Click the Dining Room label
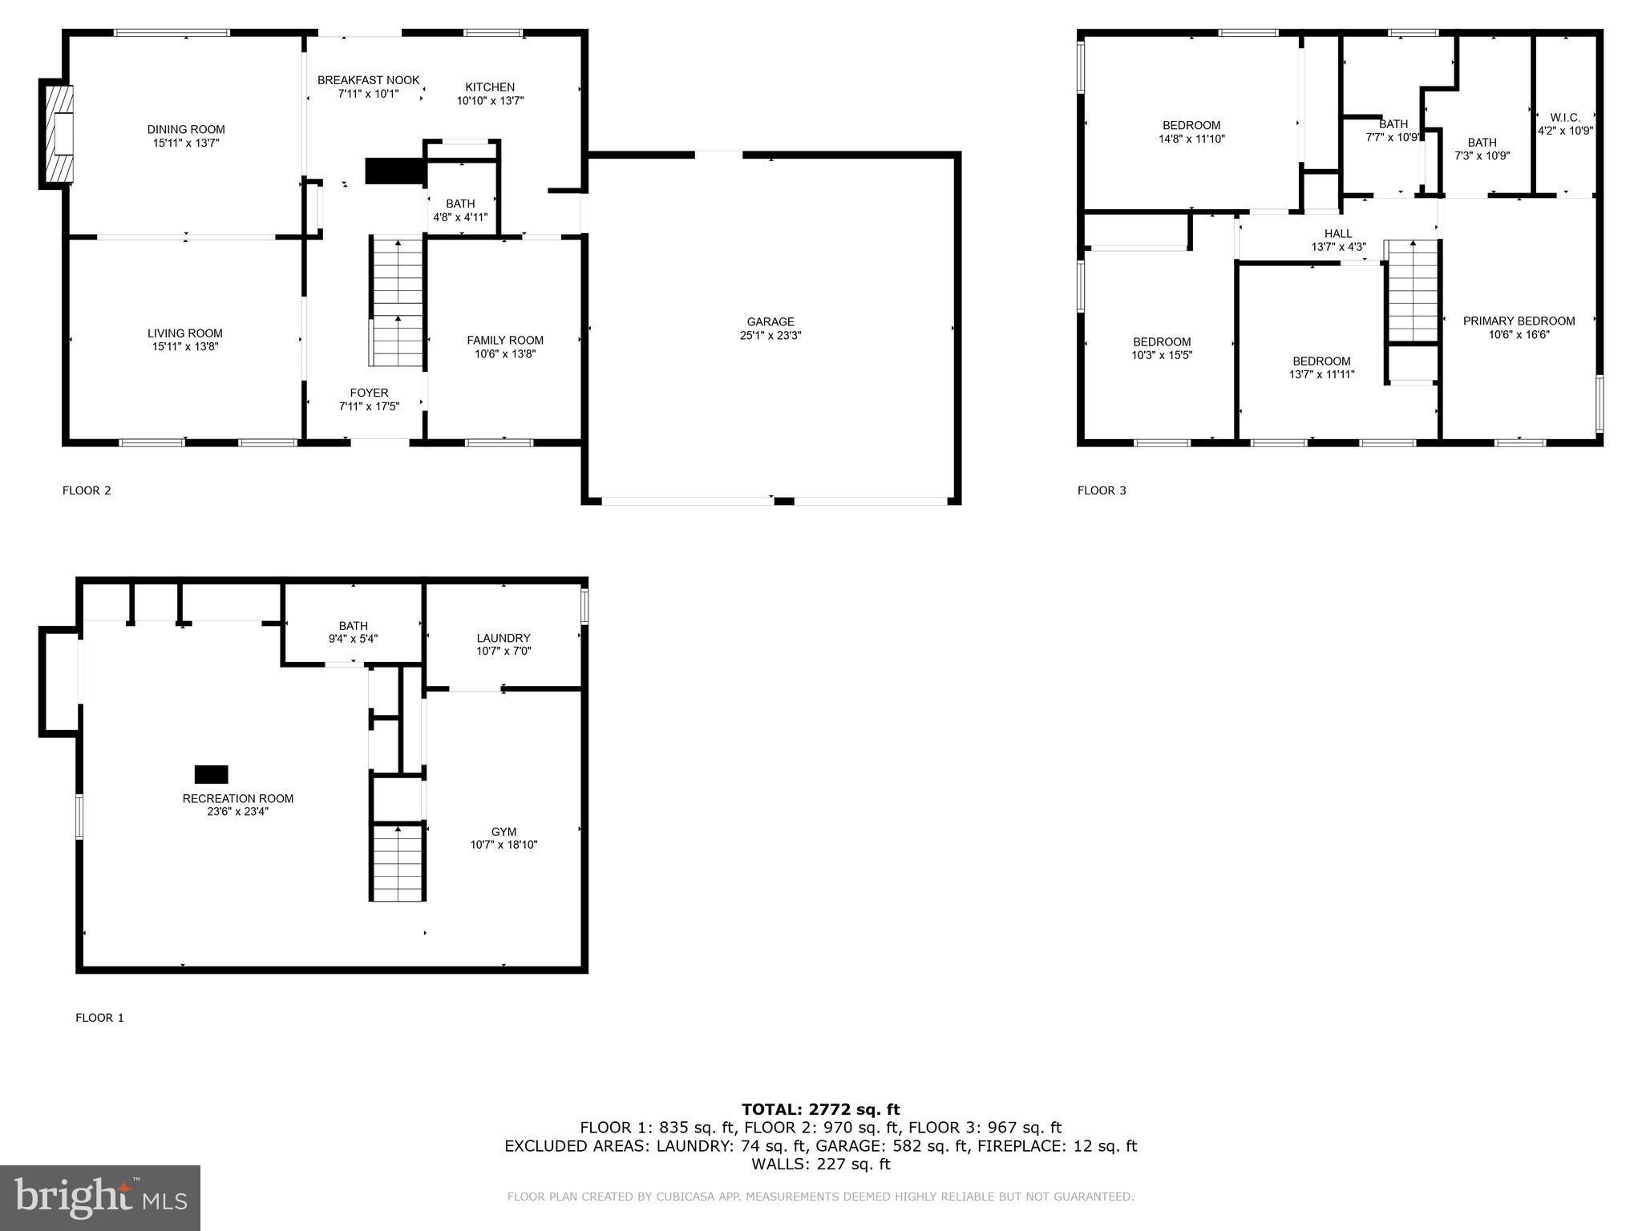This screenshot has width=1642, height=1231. pos(186,130)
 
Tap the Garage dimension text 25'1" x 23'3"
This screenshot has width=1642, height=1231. pos(770,336)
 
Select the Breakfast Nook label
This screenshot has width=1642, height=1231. pos(368,80)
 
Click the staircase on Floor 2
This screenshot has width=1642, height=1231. pos(397,303)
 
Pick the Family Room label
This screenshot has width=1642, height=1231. pos(505,341)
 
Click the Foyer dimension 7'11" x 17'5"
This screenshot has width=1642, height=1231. pos(369,406)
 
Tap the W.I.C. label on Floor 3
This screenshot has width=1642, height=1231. pos(1564,118)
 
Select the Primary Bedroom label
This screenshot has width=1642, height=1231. pos(1519,321)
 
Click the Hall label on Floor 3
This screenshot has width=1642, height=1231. pos(1338,234)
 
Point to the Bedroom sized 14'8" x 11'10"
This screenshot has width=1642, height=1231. pos(1191,132)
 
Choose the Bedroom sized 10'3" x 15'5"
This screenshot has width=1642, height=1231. pos(1162,349)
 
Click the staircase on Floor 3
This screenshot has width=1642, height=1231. pos(1413,293)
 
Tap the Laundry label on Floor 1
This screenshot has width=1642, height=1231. pos(504,639)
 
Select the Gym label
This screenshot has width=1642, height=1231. pos(504,832)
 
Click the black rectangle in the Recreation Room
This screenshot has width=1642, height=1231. pos(212,774)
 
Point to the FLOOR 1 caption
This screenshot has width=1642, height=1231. pos(99,1018)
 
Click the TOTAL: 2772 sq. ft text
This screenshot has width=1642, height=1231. pos(820,1109)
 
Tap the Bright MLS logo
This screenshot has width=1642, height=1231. pos(100,1197)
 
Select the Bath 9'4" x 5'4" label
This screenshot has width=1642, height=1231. pos(353,626)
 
